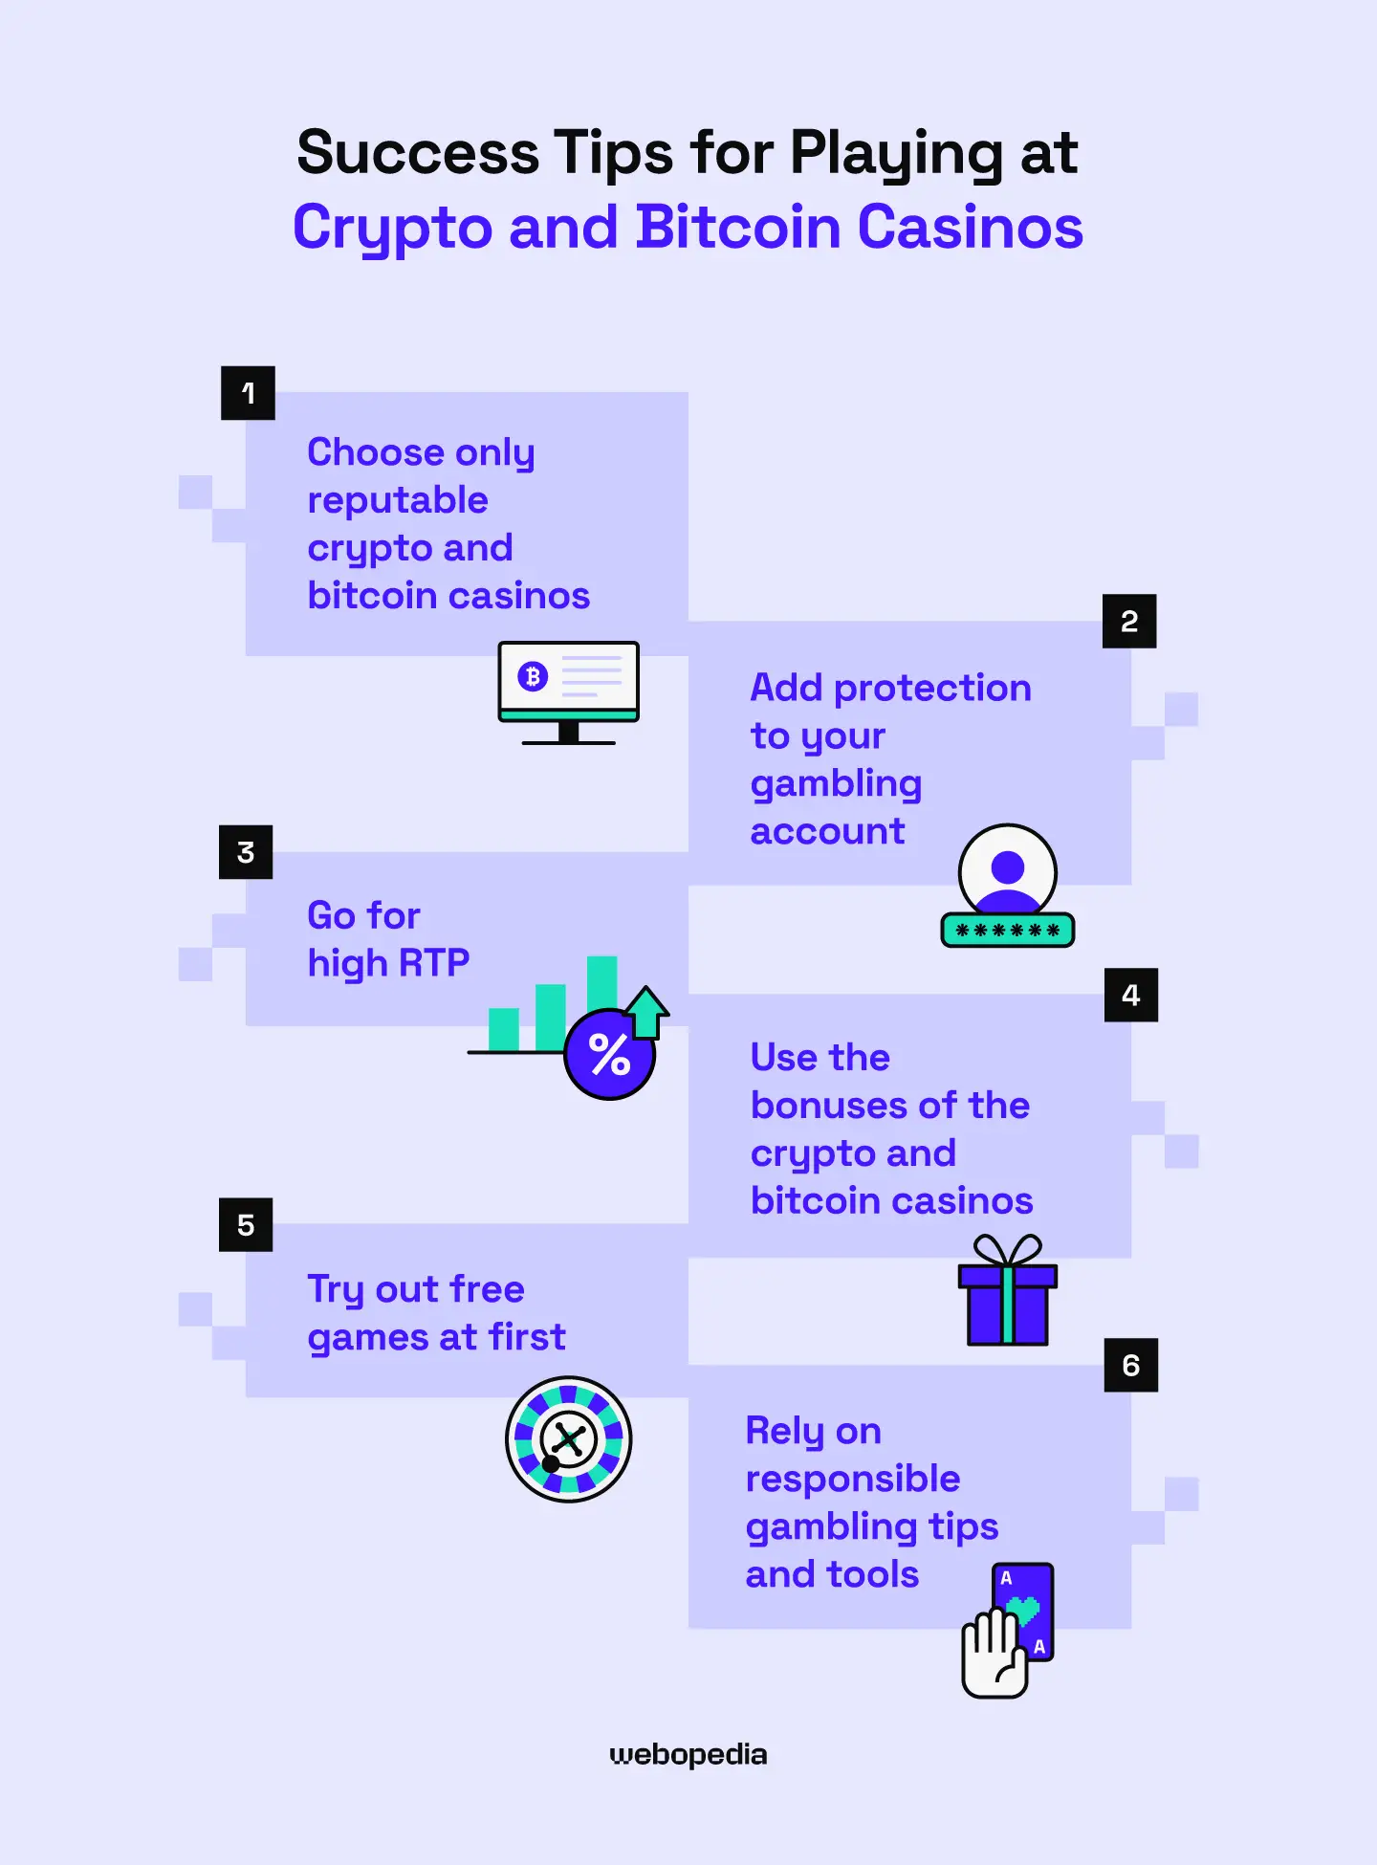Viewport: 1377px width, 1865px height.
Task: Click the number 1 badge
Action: pos(248,393)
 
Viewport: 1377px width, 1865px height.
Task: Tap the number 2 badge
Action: pos(1129,622)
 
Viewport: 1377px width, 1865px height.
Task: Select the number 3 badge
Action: pos(246,852)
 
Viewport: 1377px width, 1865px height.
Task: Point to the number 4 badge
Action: pos(1131,996)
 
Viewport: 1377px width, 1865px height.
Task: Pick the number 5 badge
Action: pos(246,1225)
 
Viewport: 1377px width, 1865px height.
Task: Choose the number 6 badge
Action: pos(1131,1366)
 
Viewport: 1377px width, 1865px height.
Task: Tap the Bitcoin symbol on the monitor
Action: pos(533,676)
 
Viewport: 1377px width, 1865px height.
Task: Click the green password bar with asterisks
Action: pos(1008,930)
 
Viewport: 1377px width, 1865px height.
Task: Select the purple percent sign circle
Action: pos(609,1055)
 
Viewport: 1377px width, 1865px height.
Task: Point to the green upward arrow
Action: pos(647,1011)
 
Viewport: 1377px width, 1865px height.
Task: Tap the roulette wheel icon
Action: pos(569,1439)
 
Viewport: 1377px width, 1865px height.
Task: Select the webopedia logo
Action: pos(688,1755)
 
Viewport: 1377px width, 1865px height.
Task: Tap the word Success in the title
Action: pos(418,153)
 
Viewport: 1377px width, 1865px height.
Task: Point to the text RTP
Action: pos(433,963)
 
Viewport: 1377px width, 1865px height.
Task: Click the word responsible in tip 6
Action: pos(853,1479)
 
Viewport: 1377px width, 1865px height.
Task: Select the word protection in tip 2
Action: pos(932,688)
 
